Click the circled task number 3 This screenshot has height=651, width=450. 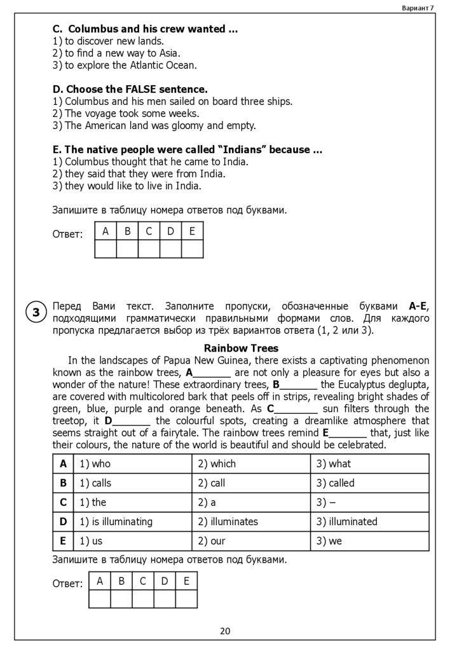[x=36, y=312]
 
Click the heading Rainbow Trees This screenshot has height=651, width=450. [x=241, y=348]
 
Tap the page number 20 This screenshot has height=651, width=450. [x=225, y=631]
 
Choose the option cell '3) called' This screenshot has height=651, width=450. [x=336, y=483]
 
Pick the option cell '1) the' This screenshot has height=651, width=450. [x=93, y=502]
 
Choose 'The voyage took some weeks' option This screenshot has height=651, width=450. [x=132, y=113]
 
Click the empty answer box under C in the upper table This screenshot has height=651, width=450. [x=149, y=249]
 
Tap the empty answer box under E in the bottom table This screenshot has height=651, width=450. [x=186, y=599]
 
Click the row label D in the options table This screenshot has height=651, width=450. [x=63, y=521]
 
